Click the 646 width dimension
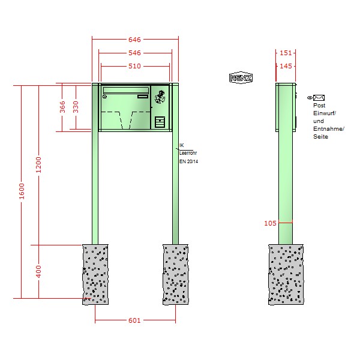coord(134,40)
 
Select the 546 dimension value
coord(134,53)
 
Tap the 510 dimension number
coord(134,66)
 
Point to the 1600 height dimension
coord(22,191)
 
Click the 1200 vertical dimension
coord(38,165)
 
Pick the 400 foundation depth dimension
coord(38,272)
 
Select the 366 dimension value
coord(62,107)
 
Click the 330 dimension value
coord(76,107)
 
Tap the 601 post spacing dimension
coord(134,320)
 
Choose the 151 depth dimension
coord(286,53)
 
